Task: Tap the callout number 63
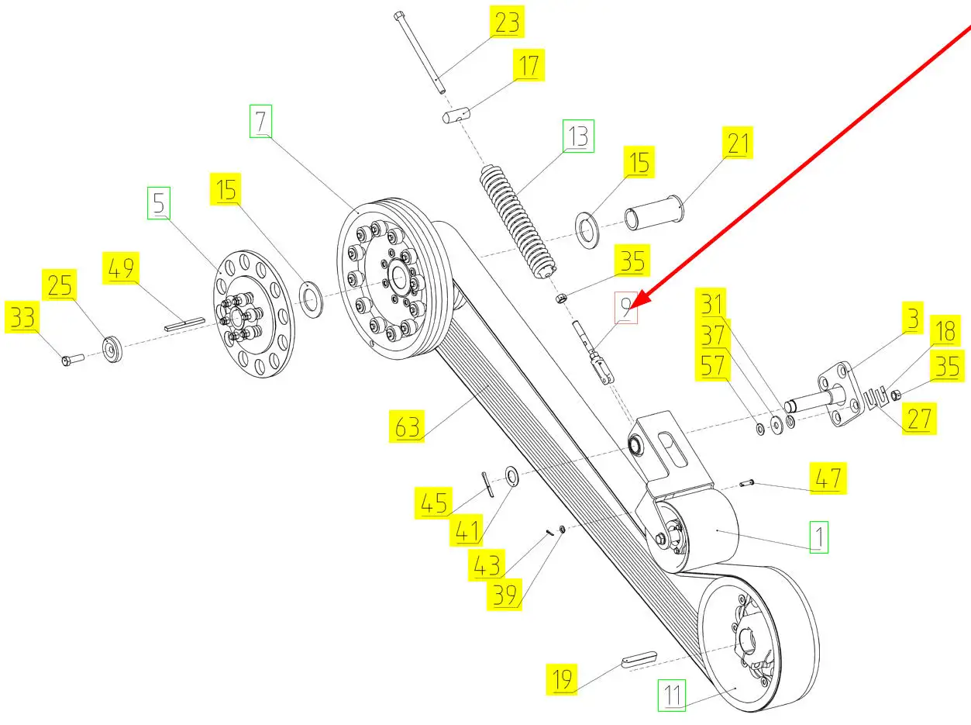(408, 426)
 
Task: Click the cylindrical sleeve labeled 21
(654, 216)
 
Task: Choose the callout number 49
(120, 270)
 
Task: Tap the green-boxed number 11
(673, 696)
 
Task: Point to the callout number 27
(919, 419)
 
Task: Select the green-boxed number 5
(158, 204)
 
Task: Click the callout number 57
(714, 367)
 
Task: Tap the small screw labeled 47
(747, 485)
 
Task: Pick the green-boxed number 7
(260, 123)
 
